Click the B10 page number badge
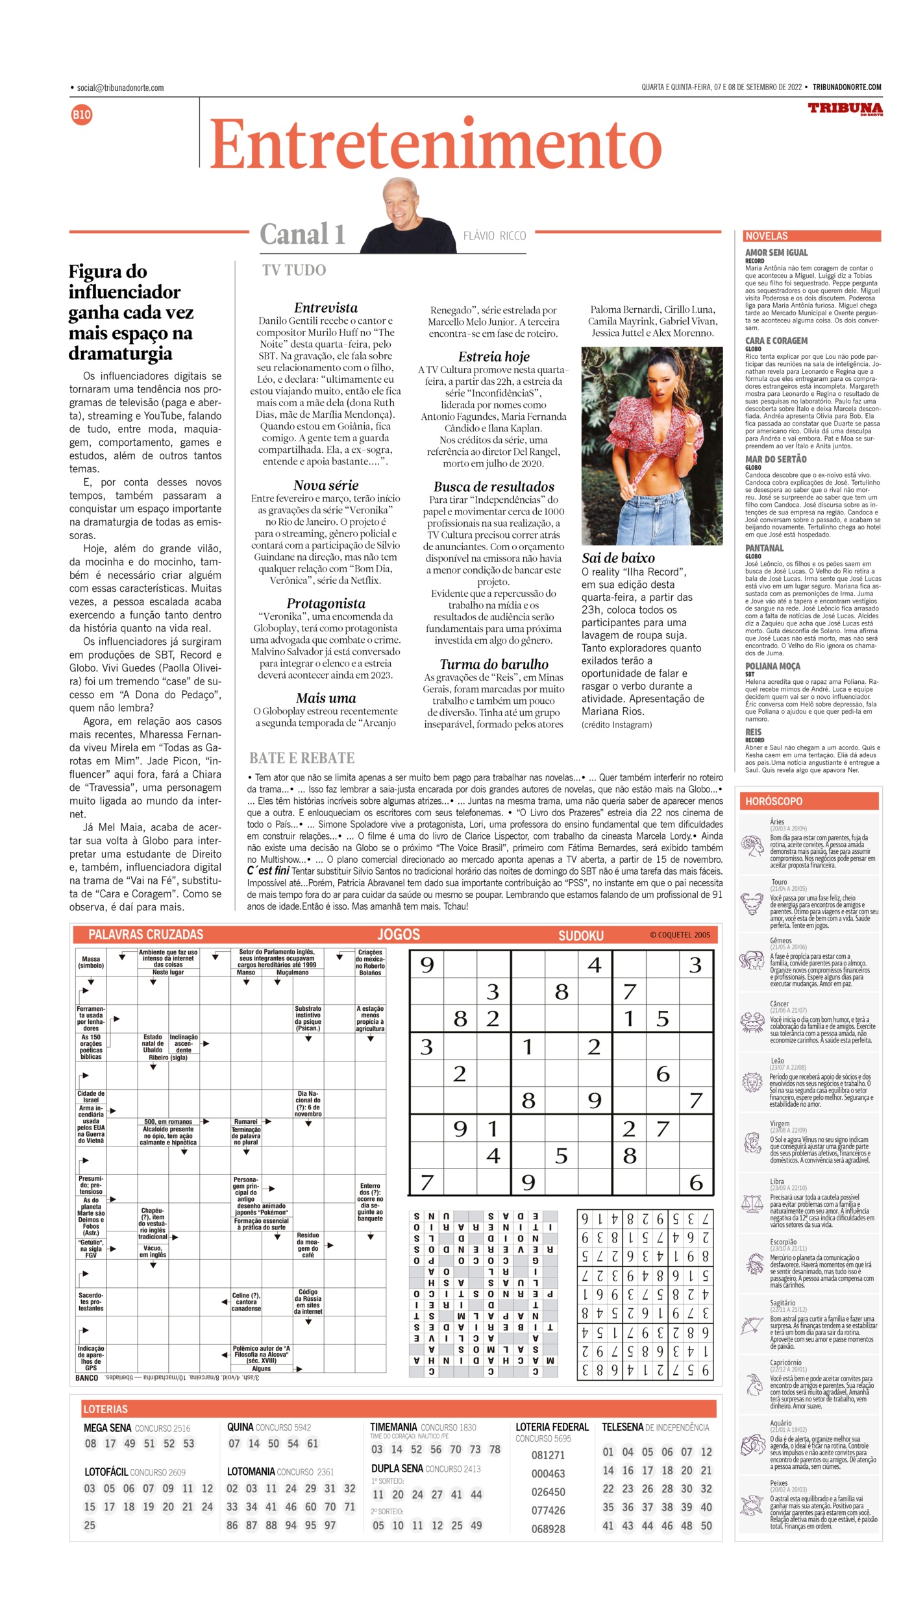coord(82,115)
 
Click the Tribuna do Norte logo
coord(845,109)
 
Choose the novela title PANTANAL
coord(764,548)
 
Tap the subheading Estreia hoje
coord(493,357)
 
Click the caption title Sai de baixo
coord(618,558)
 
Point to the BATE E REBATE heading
coord(302,758)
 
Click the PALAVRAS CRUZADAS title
coord(145,934)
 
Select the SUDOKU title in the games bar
coord(581,936)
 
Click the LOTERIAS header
coord(105,1409)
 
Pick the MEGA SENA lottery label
coord(108,1428)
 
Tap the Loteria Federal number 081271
coord(548,1455)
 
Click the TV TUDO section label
coord(293,271)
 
